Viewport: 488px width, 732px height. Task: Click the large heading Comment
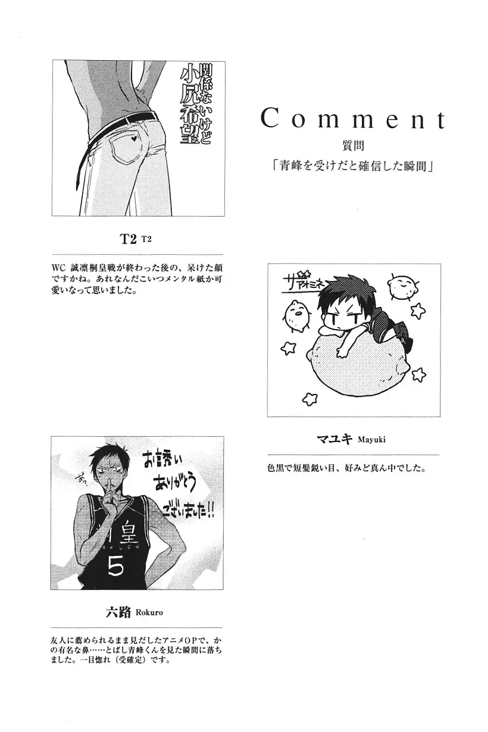point(353,119)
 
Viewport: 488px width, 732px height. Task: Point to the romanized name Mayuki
point(376,440)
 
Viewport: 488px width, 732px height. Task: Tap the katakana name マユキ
point(336,439)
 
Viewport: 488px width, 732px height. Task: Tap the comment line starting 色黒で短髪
point(346,468)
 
